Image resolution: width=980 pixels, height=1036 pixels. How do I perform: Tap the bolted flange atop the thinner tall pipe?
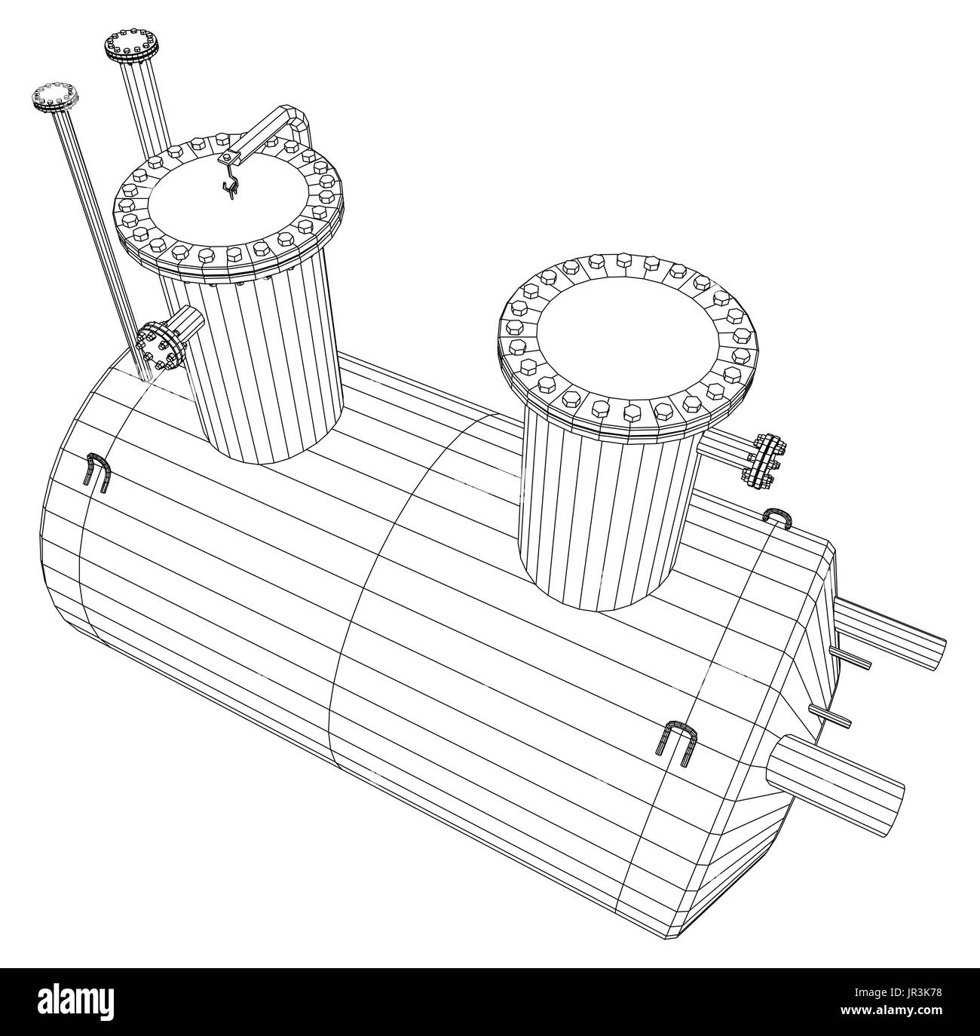(x=55, y=97)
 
